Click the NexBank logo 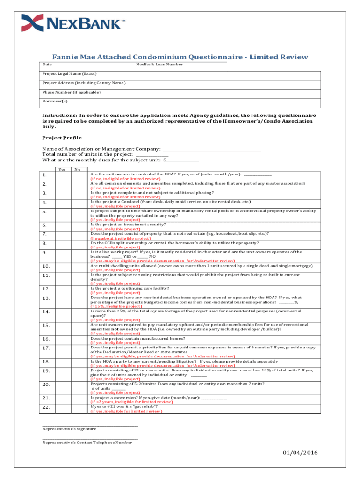point(73,23)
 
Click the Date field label point(47,64)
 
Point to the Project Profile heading point(62,138)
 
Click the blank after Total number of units point(152,154)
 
